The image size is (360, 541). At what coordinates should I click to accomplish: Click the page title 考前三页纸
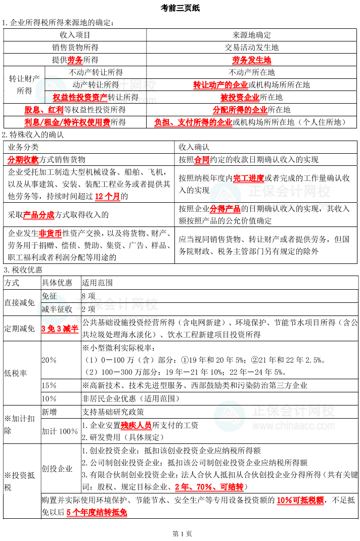[x=180, y=8]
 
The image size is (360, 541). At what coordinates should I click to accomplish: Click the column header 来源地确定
[x=251, y=35]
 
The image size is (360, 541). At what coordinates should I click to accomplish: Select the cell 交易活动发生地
[x=251, y=48]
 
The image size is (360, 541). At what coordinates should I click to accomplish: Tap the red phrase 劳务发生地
[x=251, y=60]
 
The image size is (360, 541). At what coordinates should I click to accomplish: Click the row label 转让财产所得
[x=24, y=85]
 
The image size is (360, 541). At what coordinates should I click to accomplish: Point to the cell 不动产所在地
[x=251, y=72]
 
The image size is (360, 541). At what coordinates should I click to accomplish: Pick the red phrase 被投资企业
[x=240, y=97]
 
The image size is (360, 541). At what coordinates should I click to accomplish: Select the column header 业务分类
[x=23, y=147]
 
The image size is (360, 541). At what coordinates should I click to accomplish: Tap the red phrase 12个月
[x=107, y=196]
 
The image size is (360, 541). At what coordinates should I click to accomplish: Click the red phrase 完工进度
[x=248, y=178]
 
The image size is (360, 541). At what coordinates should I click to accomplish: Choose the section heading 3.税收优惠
[x=23, y=270]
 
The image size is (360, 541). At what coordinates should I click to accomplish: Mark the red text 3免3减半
[x=60, y=329]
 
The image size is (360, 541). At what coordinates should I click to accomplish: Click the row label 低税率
[x=16, y=373]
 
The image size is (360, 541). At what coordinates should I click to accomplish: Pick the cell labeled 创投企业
[x=57, y=469]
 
